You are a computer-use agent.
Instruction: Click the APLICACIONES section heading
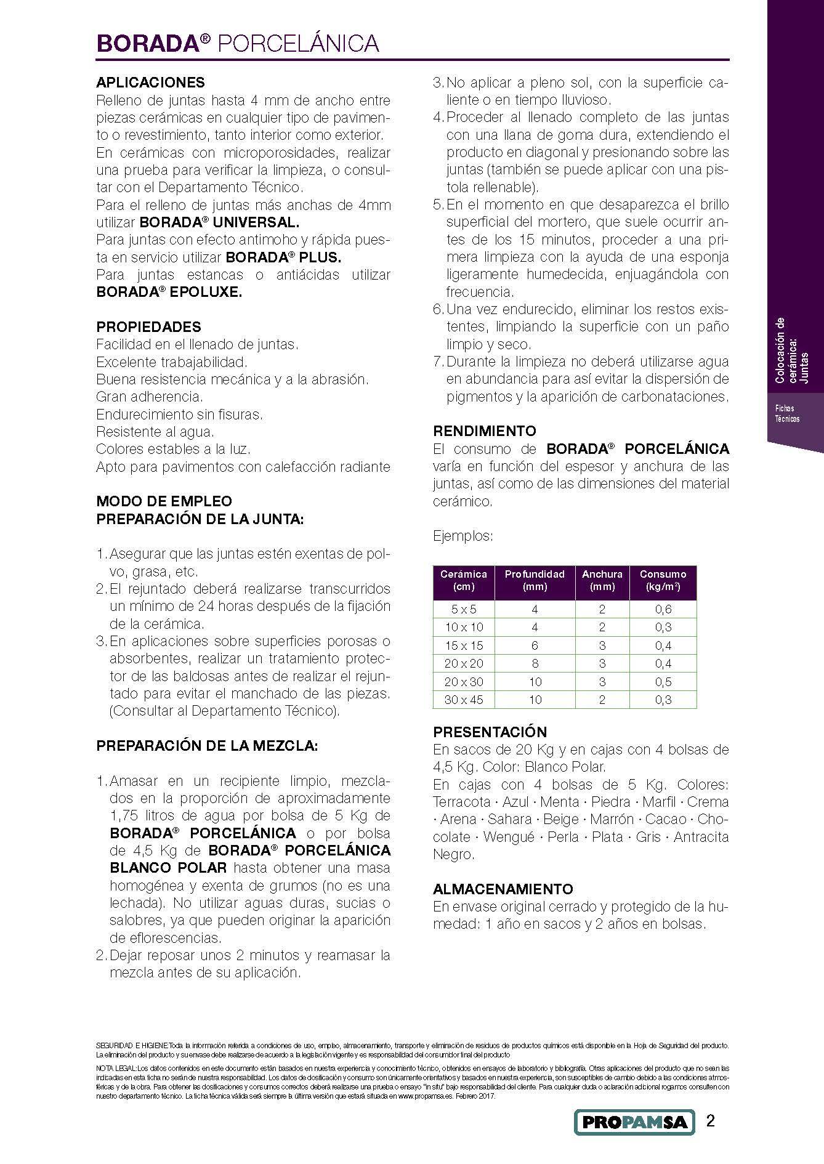tap(150, 83)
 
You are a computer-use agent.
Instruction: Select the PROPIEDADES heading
tap(148, 327)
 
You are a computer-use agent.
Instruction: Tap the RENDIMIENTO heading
tap(484, 431)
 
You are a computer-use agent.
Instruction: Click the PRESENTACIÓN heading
tap(490, 732)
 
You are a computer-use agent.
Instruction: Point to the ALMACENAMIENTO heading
tap(503, 889)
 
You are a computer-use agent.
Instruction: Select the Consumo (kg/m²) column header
tap(663, 580)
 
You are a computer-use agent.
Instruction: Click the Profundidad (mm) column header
tap(534, 580)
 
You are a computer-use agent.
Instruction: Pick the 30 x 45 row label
tap(464, 700)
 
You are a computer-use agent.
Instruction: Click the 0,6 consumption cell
tap(663, 609)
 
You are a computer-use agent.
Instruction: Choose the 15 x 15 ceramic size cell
tap(464, 645)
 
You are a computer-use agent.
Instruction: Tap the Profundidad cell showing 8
tap(535, 663)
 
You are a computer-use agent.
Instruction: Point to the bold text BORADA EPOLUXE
tap(169, 292)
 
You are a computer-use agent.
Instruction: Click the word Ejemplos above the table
tap(462, 536)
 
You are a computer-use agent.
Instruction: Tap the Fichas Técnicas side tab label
tap(787, 413)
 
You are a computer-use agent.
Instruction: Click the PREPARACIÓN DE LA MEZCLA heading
tap(207, 746)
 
